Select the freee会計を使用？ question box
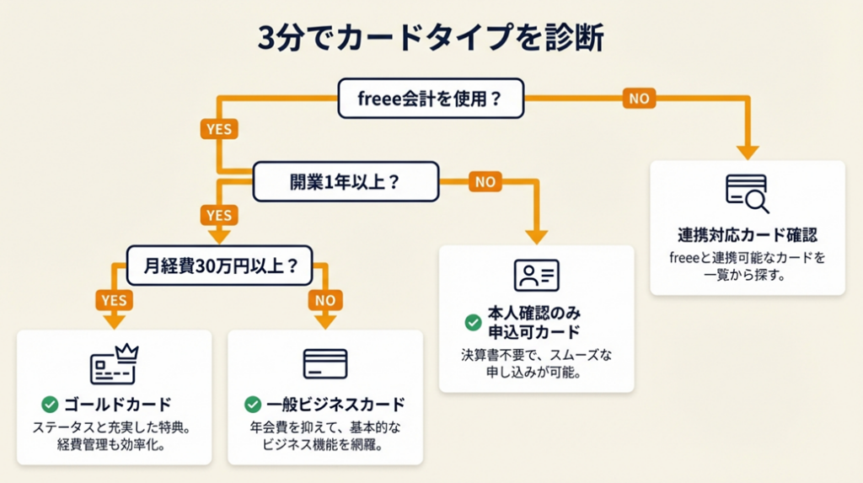430,99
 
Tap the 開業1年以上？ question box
346,181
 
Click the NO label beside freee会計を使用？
639,99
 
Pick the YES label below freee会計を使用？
218,130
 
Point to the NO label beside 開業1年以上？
485,181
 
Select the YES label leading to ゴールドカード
113,300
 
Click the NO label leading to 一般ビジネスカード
324,300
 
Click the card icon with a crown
114,363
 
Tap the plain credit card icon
324,363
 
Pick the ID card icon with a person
536,276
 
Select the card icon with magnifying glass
747,193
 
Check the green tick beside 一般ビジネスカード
252,404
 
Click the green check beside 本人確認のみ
473,322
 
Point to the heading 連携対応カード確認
747,234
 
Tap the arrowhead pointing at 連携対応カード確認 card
747,152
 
